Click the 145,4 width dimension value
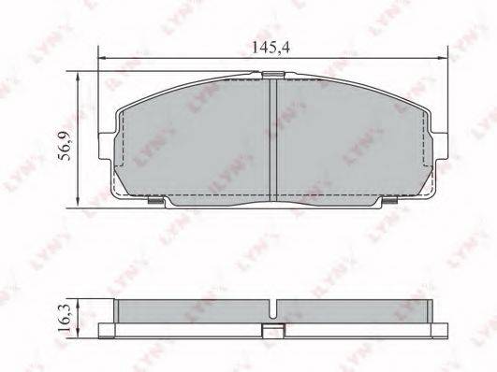tap(270, 48)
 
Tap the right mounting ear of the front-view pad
tap(441, 146)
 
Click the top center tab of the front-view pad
tap(272, 75)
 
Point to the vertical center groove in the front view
tap(273, 139)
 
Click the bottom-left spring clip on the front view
tap(156, 200)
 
